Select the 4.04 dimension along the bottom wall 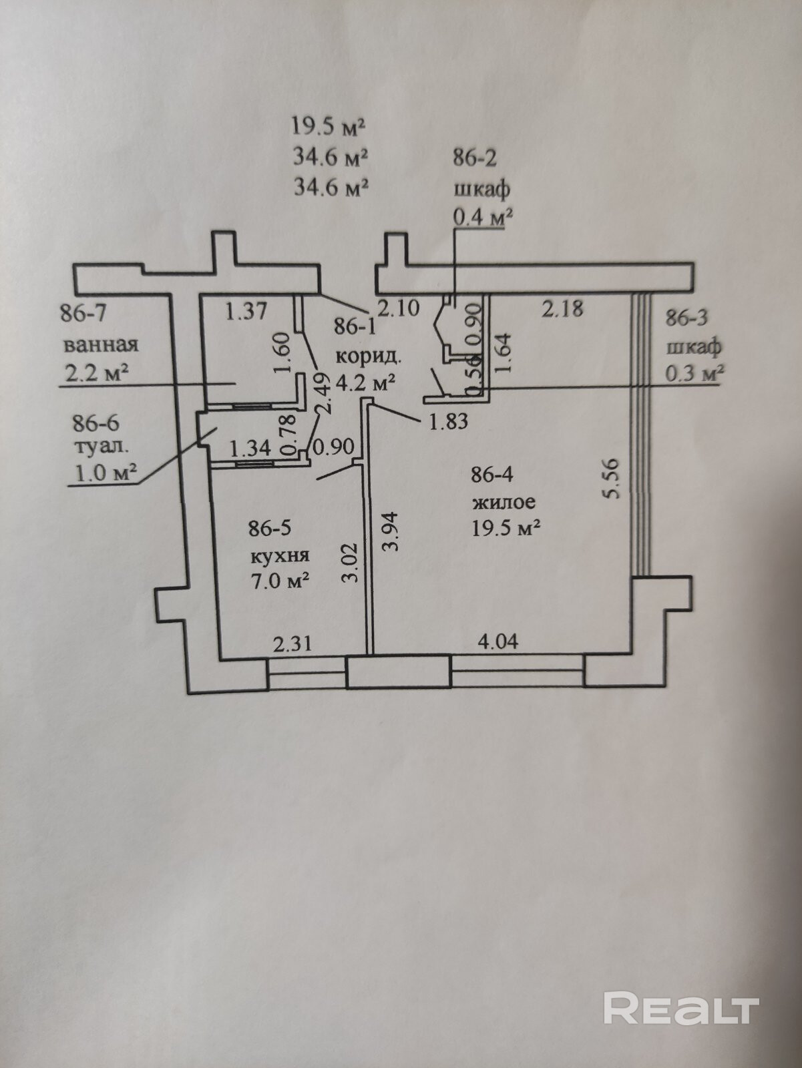[x=497, y=642]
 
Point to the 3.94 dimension [x=392, y=530]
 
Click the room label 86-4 [x=492, y=475]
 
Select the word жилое [x=504, y=501]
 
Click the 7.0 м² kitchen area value [x=279, y=580]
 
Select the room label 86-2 [x=475, y=158]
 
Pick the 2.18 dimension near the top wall [x=562, y=308]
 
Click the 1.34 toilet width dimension [x=250, y=448]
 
